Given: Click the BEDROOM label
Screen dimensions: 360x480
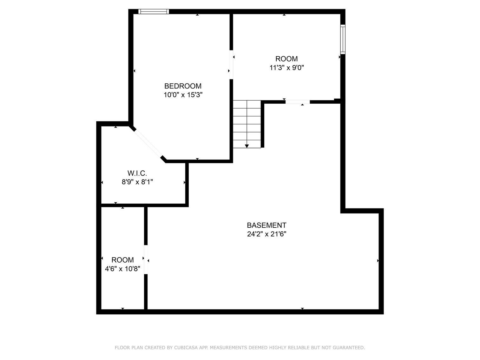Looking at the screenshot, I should (x=183, y=86).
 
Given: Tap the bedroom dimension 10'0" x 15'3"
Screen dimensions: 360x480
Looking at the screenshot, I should (x=183, y=95).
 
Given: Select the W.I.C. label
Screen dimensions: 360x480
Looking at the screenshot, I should (x=137, y=173).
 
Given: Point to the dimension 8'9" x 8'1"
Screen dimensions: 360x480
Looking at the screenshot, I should (x=137, y=182).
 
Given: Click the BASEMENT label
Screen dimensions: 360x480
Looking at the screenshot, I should (x=266, y=225).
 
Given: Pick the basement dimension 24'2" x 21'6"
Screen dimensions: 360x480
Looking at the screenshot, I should (x=266, y=234).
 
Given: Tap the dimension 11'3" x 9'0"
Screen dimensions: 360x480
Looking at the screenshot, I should (x=286, y=68).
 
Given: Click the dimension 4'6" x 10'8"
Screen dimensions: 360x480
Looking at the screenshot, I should (x=122, y=269).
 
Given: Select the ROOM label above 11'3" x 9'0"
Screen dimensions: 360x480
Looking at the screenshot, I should (x=286, y=59).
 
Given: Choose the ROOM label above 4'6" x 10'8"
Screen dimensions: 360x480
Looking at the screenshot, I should (x=122, y=260).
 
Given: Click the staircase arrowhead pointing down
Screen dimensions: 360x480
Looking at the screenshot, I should (x=247, y=146).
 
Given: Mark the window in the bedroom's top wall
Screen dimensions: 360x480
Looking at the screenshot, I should (x=154, y=12).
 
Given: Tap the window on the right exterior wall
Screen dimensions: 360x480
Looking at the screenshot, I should (x=343, y=39).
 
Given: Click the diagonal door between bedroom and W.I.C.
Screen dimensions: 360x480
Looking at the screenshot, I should (x=148, y=143).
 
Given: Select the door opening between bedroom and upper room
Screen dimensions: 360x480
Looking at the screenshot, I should (x=231, y=65).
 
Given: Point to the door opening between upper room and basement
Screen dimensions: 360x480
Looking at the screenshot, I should (x=298, y=102).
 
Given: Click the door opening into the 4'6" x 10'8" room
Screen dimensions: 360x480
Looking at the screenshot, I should (x=146, y=259).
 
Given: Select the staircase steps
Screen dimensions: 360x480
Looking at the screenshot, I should (x=247, y=124).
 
